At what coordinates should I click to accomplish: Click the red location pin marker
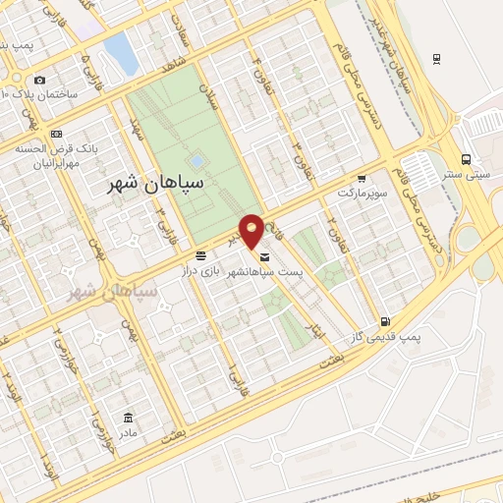251,231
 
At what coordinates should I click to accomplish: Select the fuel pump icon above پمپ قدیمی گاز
385,320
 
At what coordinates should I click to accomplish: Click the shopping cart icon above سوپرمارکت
362,179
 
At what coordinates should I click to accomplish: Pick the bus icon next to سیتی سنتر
466,159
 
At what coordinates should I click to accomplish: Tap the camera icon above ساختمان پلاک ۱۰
39,80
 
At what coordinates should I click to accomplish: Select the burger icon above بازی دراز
200,254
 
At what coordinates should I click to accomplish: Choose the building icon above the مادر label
128,417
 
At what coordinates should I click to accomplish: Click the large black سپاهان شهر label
157,184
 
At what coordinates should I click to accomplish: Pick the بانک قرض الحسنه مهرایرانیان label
43,156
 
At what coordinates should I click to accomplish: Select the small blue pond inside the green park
197,159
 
